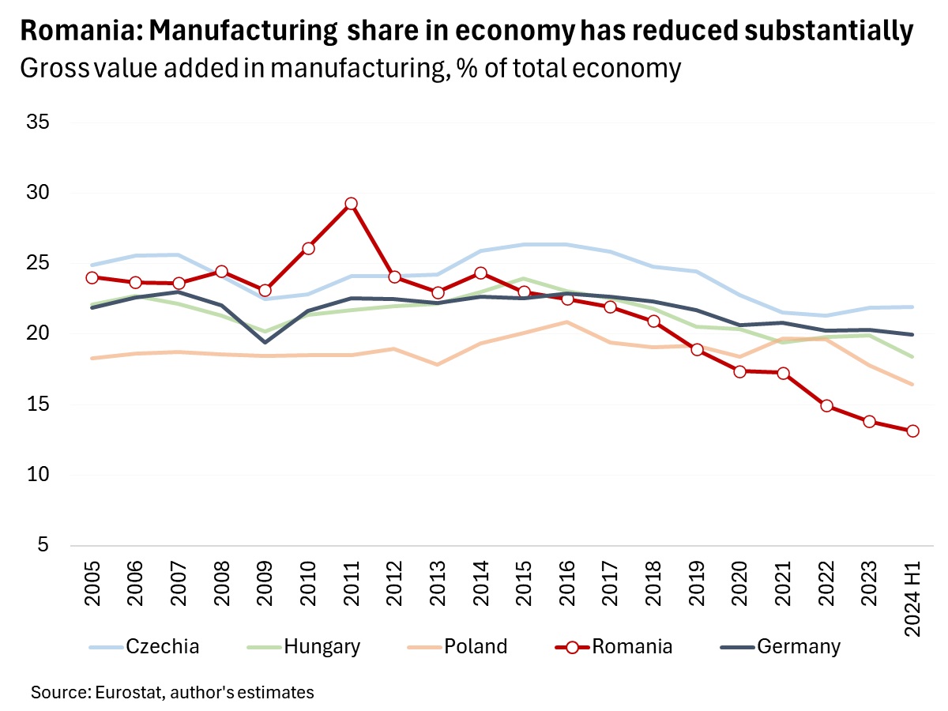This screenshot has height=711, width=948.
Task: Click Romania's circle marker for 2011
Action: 351,204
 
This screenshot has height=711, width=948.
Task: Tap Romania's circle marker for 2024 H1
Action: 912,431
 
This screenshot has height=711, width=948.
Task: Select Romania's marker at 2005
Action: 92,277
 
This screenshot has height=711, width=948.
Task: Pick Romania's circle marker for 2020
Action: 740,371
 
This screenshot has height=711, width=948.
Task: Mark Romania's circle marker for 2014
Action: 480,273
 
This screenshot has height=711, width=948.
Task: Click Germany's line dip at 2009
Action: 265,342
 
